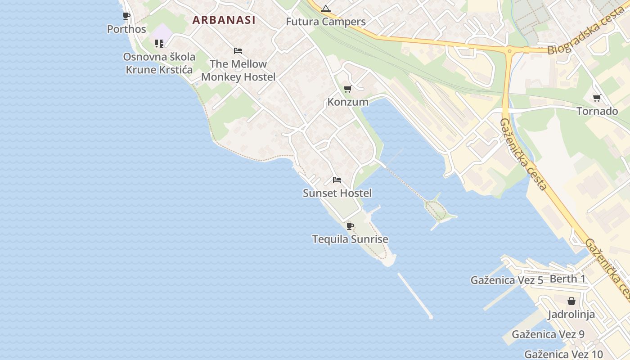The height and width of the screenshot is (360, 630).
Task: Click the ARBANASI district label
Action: (224, 20)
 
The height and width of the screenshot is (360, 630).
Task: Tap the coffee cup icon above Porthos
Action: (126, 16)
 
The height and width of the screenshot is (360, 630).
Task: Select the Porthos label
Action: (126, 29)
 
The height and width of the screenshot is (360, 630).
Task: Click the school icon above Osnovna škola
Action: (159, 44)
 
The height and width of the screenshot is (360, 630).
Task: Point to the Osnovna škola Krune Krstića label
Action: (159, 63)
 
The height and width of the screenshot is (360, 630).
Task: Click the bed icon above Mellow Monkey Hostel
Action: (238, 51)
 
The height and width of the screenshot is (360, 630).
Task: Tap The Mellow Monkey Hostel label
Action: (238, 70)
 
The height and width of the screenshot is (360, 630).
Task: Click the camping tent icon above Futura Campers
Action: (326, 9)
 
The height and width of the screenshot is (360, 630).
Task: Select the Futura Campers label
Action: (326, 22)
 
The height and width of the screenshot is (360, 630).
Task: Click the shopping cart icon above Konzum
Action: (347, 89)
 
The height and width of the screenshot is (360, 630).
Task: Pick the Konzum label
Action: (348, 102)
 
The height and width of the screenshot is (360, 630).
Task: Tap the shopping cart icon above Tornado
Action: (597, 98)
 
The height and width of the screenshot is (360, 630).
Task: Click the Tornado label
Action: (597, 111)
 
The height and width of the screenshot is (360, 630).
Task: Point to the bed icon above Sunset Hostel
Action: (337, 180)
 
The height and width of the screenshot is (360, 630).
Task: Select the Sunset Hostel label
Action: (337, 193)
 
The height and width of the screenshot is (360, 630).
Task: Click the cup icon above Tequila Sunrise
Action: (350, 226)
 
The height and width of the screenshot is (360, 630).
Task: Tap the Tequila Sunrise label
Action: (350, 239)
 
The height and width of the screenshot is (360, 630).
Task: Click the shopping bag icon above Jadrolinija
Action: (571, 301)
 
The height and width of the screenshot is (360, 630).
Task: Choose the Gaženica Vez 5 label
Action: (507, 280)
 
